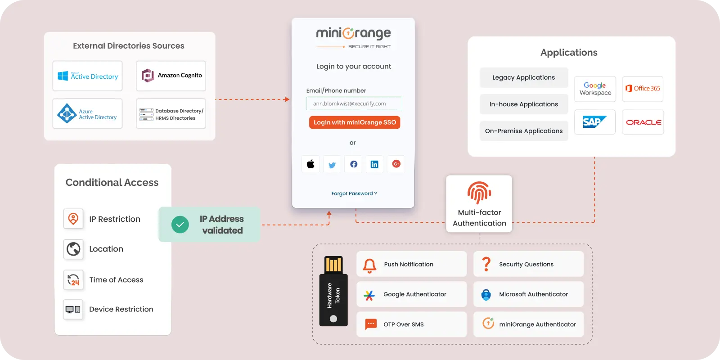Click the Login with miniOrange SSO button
[x=355, y=122]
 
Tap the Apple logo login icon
[x=310, y=164]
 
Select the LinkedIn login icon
[x=374, y=164]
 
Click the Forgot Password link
[x=354, y=193]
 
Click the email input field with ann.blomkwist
[x=354, y=103]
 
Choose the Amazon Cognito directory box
[x=171, y=76]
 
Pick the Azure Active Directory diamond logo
[x=67, y=113]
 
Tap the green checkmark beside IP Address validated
[x=180, y=225]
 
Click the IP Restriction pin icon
[x=73, y=219]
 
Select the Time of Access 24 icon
[x=73, y=280]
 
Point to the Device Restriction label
[x=121, y=309]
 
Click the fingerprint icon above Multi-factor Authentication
[x=479, y=193]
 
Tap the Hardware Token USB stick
[x=333, y=291]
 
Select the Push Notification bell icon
[x=369, y=265]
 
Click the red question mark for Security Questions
[x=486, y=264]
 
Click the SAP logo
[x=594, y=122]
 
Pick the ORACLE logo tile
[x=643, y=122]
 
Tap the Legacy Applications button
[x=524, y=77]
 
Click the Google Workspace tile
[x=595, y=89]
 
